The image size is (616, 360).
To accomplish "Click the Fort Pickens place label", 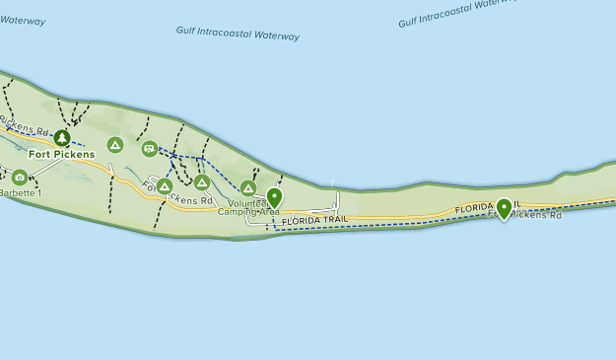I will point(61,154).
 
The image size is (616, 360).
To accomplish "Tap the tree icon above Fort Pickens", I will point(62,137).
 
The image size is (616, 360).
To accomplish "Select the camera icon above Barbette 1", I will point(19,178).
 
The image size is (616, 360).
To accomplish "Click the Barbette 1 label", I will point(20,193).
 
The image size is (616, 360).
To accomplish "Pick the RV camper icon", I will point(149,148).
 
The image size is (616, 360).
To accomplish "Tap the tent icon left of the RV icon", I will point(115,145).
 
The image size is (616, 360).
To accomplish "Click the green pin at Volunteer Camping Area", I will point(274,197).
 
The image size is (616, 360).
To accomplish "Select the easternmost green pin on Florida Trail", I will point(504,207).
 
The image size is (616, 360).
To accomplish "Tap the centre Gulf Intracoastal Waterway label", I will point(238,35).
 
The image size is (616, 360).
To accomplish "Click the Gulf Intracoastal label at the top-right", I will point(458,14).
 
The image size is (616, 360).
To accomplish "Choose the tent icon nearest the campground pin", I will point(248,187).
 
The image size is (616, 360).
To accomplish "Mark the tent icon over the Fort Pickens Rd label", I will point(165,185).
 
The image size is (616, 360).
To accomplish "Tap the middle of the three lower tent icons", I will point(202,182).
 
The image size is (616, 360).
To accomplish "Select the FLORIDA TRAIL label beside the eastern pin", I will point(484,208).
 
